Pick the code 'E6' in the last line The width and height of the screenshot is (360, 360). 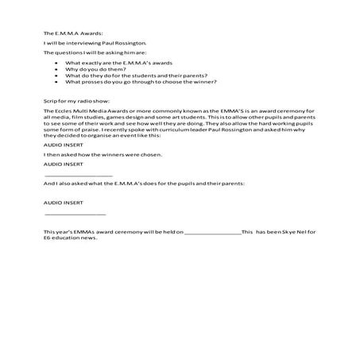[x=48, y=238]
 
